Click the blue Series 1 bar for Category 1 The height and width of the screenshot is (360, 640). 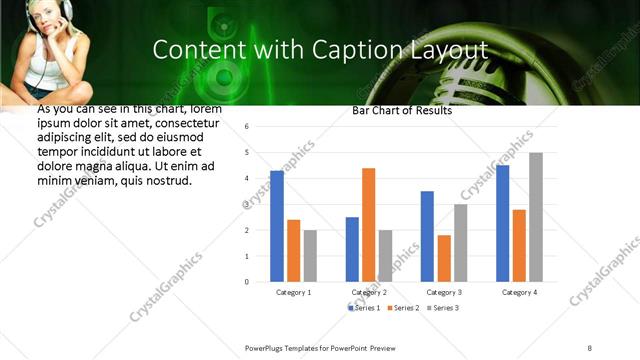tap(277, 226)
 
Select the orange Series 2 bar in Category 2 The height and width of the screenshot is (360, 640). tap(368, 225)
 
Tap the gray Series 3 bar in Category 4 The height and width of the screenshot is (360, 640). tap(536, 217)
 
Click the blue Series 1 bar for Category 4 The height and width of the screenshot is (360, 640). tap(502, 223)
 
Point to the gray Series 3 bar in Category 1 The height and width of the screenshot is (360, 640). tap(310, 256)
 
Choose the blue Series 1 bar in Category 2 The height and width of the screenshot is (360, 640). tap(352, 249)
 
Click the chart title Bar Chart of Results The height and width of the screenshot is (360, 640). tap(401, 111)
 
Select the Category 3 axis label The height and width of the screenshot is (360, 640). tap(443, 292)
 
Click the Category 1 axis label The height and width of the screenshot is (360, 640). tap(293, 292)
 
